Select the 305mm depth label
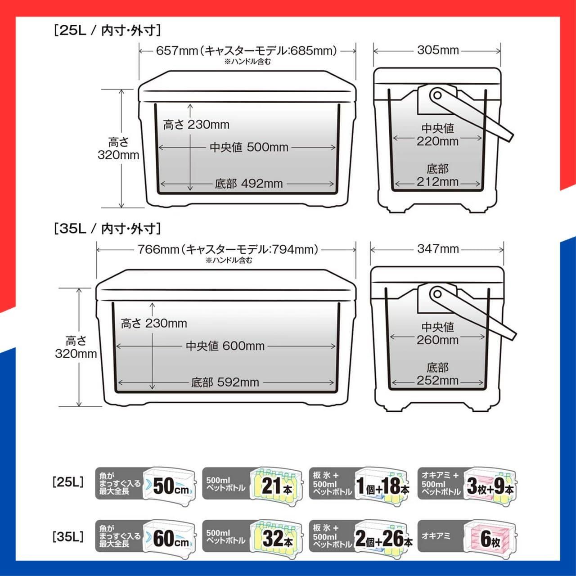click(437, 50)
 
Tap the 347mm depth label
click(437, 249)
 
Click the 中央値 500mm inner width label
click(249, 147)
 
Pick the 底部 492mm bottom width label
click(249, 184)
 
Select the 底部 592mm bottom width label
click(225, 382)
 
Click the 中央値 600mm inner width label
click(225, 346)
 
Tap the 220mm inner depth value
click(437, 141)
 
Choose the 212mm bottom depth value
click(437, 182)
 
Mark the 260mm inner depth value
click(437, 340)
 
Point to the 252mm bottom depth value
click(437, 380)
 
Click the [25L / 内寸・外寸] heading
click(107, 31)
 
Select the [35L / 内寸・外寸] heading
click(107, 229)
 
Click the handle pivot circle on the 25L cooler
click(436, 95)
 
